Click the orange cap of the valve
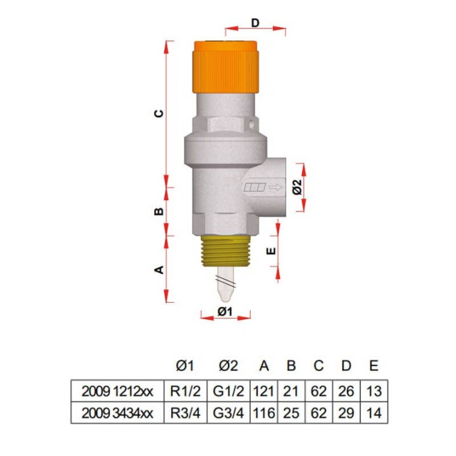coord(225,67)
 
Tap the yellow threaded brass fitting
coord(225,251)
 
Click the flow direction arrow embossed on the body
coord(275,187)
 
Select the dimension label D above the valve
coord(255,22)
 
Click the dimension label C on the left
coord(158,113)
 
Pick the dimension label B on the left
coord(158,211)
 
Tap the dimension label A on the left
coord(159,270)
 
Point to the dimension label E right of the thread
coord(271,250)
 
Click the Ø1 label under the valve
coord(225,312)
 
